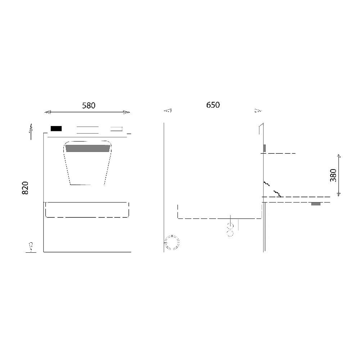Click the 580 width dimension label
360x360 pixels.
click(89, 105)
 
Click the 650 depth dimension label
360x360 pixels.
click(213, 105)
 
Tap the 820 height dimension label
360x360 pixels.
click(25, 188)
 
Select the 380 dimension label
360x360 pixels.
click(333, 175)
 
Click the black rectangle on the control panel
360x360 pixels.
click(56, 129)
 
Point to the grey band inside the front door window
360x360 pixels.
click(88, 148)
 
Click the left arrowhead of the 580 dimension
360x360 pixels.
click(48, 112)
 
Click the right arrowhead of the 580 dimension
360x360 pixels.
click(126, 112)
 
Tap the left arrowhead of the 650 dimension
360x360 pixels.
click(168, 111)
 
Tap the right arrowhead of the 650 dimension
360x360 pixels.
click(258, 111)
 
